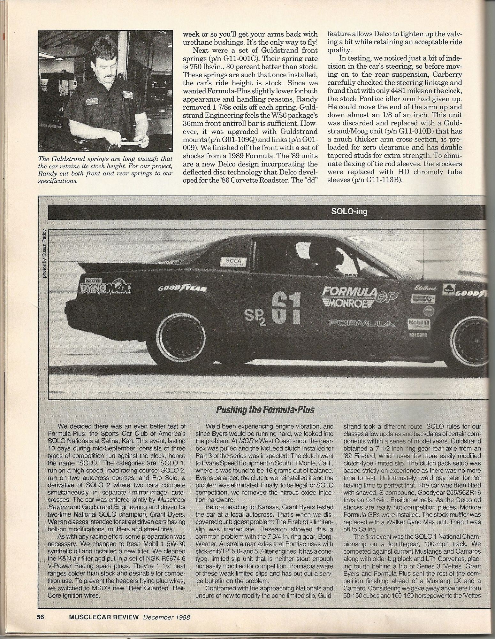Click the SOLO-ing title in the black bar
(x=350, y=211)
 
